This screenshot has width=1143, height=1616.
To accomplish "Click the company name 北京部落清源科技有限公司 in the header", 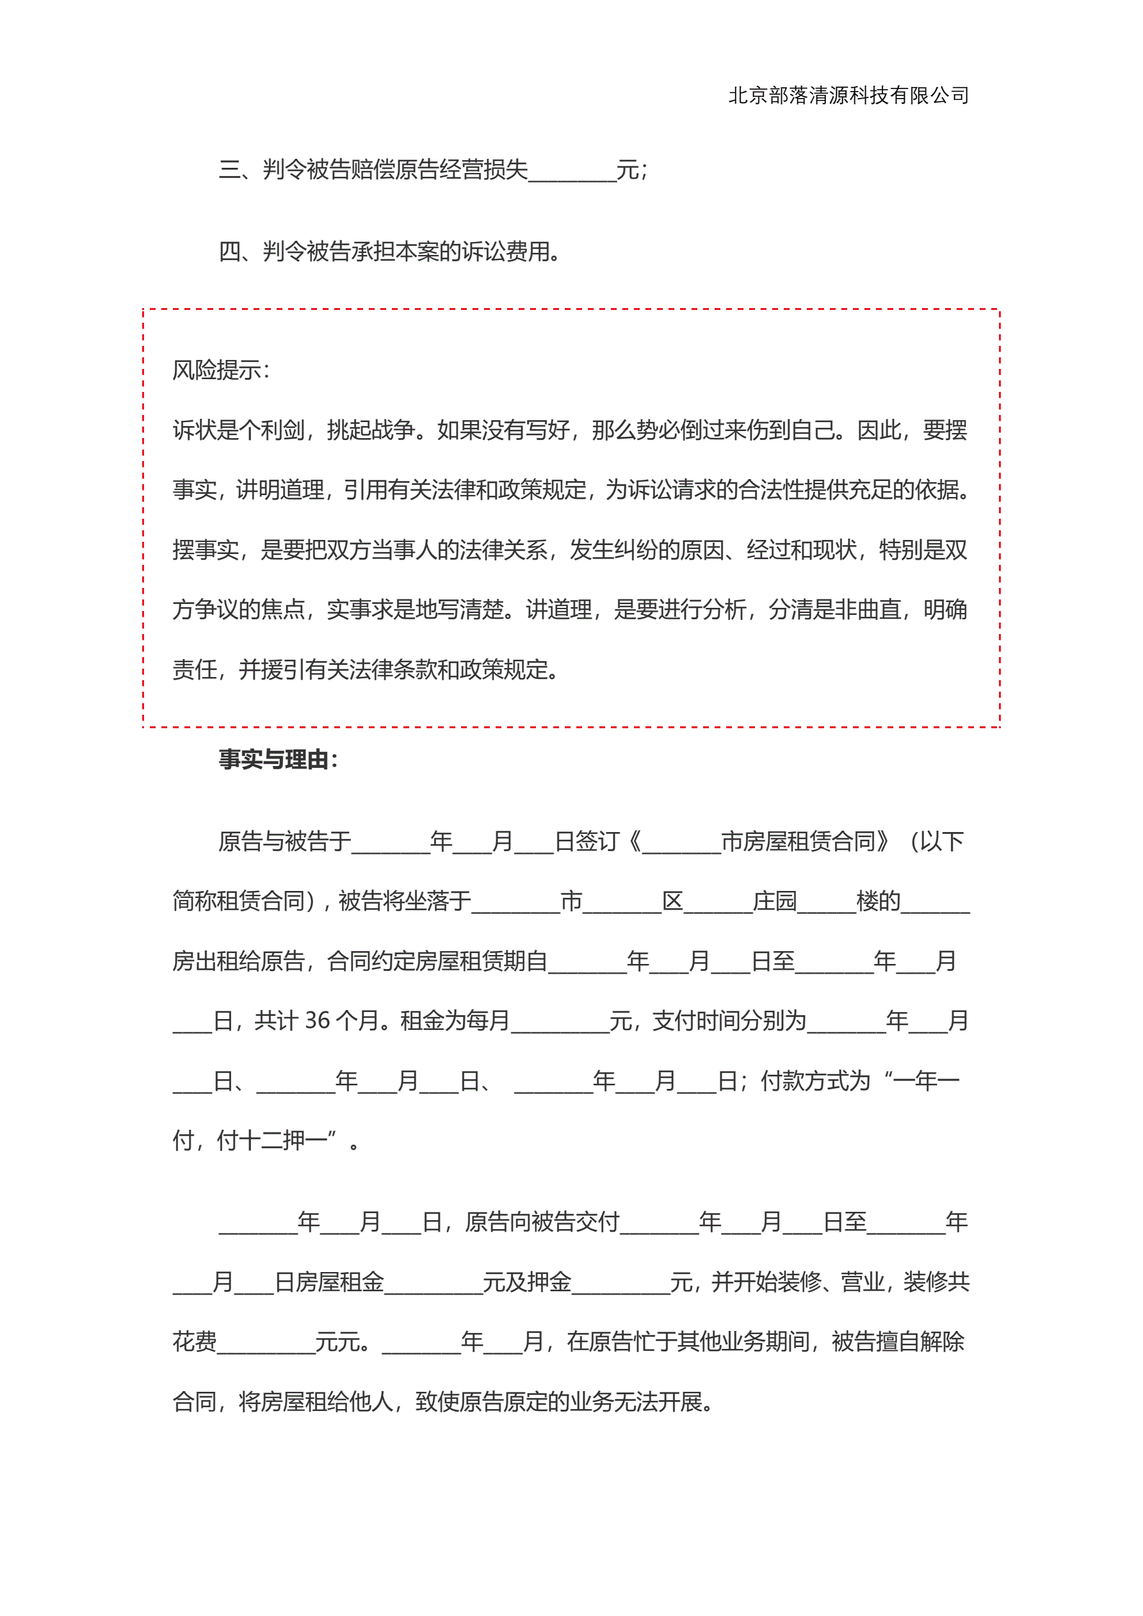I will pos(848,95).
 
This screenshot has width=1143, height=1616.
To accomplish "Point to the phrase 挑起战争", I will pos(370,430).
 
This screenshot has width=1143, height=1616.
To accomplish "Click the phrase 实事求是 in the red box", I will pos(370,610).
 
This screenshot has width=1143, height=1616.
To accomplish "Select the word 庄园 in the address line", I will pos(774,901).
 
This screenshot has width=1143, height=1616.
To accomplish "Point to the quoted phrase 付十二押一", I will pos(272,1140).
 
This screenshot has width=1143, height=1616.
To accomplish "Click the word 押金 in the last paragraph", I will pos(549,1282).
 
